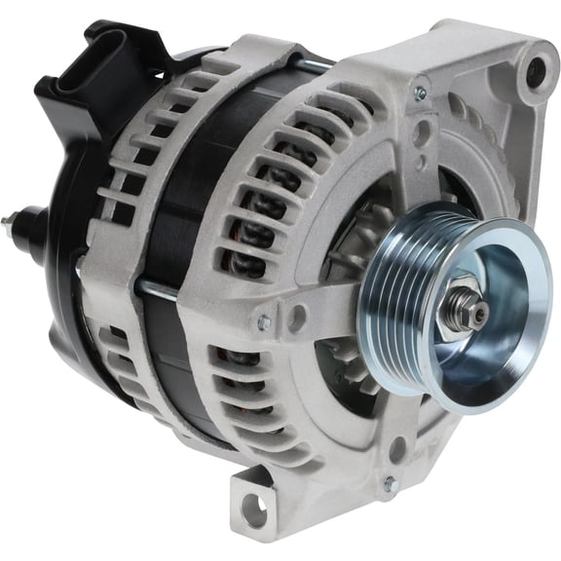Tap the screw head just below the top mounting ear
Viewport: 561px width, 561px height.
coord(421,94)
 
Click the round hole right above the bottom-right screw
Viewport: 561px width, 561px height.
coord(396,449)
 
